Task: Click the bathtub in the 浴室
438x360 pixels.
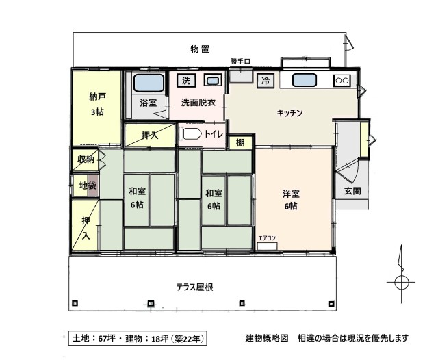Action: point(149,83)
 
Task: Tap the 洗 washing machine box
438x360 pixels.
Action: point(186,81)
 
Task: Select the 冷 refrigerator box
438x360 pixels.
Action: point(266,81)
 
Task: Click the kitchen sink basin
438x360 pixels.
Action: point(304,81)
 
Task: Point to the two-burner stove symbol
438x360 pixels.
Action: point(342,81)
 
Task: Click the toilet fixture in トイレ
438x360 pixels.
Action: point(190,133)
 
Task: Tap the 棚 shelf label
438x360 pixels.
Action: point(240,143)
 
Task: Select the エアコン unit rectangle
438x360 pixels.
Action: point(268,246)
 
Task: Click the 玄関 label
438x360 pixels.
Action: point(352,191)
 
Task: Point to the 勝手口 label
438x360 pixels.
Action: point(240,61)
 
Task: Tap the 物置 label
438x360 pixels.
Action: point(200,49)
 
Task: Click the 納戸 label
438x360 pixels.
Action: point(97,97)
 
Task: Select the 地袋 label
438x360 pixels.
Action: point(88,185)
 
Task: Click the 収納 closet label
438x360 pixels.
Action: point(86,159)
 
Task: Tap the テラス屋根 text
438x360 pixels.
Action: point(194,287)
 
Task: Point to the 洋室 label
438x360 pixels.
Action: point(291,193)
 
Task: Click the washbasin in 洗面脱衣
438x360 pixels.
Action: point(213,81)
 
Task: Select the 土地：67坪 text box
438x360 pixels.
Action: point(138,339)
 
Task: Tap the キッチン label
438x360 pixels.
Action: point(289,113)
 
